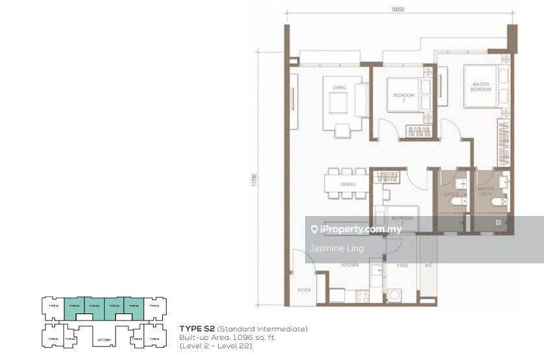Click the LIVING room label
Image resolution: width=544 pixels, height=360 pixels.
coord(338,88)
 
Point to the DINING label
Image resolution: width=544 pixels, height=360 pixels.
coord(347,185)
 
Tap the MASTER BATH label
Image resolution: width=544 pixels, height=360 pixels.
coord(486,191)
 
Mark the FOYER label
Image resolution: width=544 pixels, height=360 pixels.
coord(304,290)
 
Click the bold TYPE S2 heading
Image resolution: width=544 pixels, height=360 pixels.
coord(197,330)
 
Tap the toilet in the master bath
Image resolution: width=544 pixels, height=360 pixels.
coord(495,203)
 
